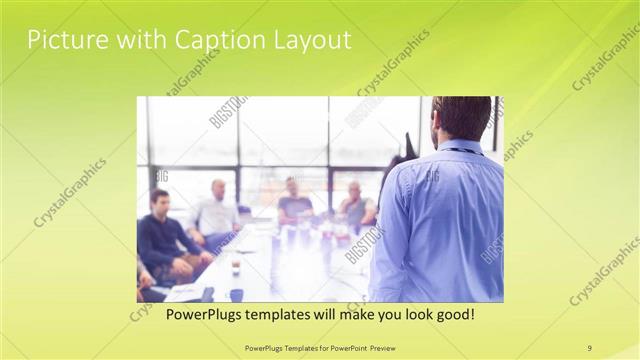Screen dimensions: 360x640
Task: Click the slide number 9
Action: [x=590, y=348]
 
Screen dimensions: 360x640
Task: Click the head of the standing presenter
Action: [x=461, y=118]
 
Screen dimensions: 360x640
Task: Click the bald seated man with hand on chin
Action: [x=356, y=205]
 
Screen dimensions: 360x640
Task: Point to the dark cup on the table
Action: [x=236, y=294]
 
